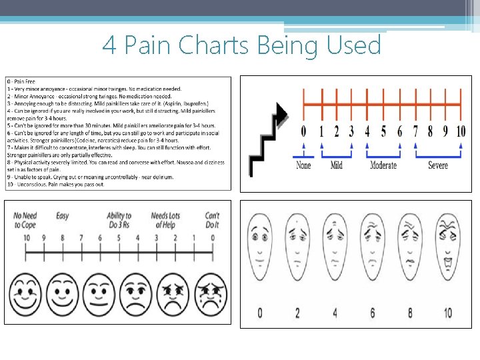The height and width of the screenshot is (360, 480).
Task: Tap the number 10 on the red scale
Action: (x=460, y=131)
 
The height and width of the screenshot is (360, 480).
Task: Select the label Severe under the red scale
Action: (x=437, y=165)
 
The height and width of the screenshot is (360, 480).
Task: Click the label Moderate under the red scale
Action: (x=383, y=165)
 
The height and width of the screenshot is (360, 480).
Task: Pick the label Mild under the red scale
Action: (x=336, y=165)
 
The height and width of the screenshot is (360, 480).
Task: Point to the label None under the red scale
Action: (x=303, y=165)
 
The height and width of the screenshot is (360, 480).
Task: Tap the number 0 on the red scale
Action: (x=303, y=131)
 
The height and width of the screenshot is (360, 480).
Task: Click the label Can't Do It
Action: (x=212, y=220)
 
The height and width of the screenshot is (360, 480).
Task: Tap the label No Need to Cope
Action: (x=25, y=220)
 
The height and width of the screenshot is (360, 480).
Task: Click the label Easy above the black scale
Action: (x=62, y=216)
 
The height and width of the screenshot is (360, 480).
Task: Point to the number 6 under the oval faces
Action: (x=372, y=312)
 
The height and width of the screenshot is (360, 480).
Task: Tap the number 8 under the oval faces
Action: (x=409, y=312)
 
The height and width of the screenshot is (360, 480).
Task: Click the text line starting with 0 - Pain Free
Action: (x=24, y=81)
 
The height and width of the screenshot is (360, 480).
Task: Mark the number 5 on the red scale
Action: (x=383, y=131)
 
